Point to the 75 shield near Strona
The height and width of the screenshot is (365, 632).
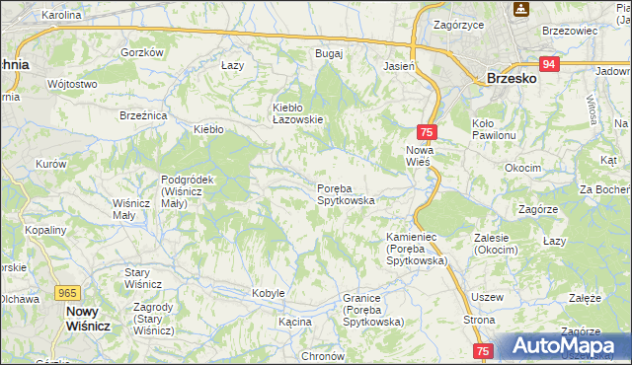(x=483, y=350)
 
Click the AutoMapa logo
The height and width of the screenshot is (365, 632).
(x=564, y=345)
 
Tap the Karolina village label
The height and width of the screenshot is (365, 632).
(x=61, y=16)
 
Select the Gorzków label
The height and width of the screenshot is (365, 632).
(x=141, y=52)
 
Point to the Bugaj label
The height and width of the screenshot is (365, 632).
(x=328, y=52)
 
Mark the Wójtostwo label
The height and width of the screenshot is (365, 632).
(x=71, y=84)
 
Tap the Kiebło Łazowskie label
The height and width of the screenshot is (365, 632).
(x=298, y=112)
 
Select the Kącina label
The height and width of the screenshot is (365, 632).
(x=294, y=322)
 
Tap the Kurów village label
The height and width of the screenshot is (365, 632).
(x=50, y=163)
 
